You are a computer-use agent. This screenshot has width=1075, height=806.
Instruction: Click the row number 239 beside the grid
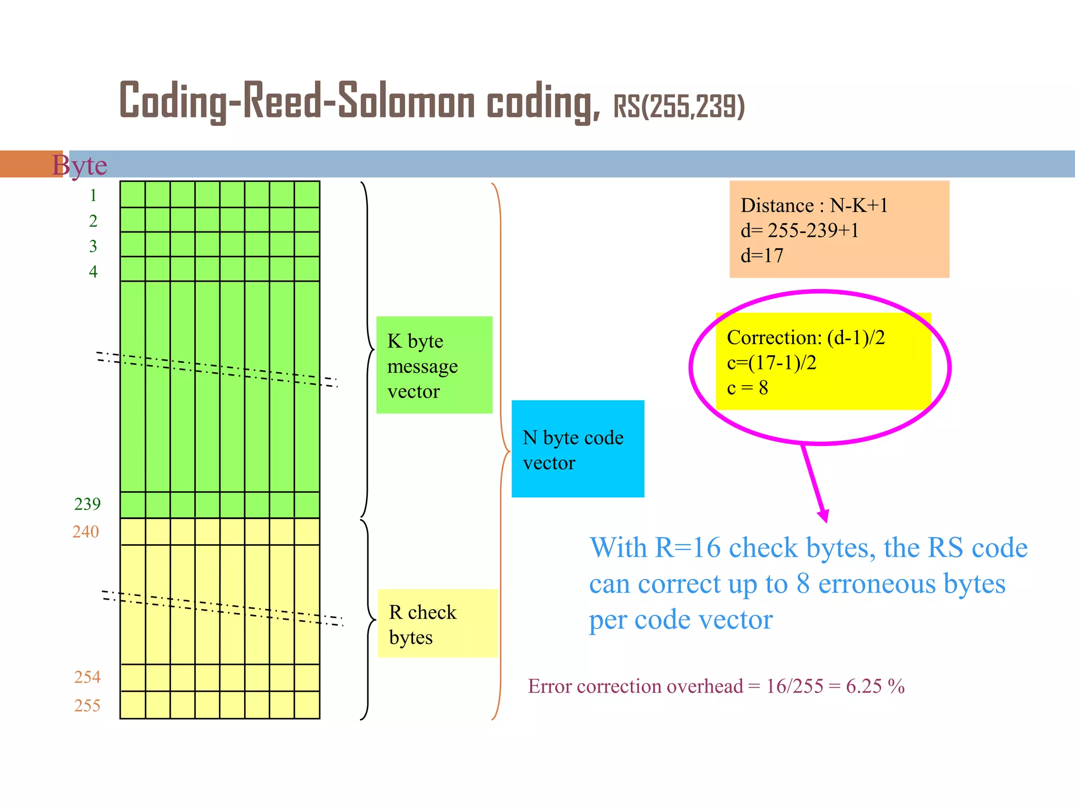87,504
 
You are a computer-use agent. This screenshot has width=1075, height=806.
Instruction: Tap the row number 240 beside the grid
86,532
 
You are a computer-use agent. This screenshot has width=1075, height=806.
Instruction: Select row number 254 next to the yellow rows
87,677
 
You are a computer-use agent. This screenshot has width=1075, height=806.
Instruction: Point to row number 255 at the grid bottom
87,706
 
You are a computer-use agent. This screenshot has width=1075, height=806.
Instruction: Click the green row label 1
93,196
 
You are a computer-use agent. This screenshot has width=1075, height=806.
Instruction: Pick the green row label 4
93,272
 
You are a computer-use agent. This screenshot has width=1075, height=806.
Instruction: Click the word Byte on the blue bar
80,165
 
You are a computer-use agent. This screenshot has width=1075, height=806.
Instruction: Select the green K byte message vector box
434,365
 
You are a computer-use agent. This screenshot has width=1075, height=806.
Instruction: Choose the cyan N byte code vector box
577,449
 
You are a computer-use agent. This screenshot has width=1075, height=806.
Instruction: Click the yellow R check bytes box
437,624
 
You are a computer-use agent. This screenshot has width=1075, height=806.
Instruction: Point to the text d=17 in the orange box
762,256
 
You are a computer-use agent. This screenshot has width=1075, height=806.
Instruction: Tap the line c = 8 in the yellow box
747,388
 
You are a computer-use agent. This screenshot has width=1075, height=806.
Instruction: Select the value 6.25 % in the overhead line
875,686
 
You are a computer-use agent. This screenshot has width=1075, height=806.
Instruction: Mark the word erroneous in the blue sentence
877,584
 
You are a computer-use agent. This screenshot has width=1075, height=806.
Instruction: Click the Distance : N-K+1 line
814,206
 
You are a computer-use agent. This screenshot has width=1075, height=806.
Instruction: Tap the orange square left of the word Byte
31,164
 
